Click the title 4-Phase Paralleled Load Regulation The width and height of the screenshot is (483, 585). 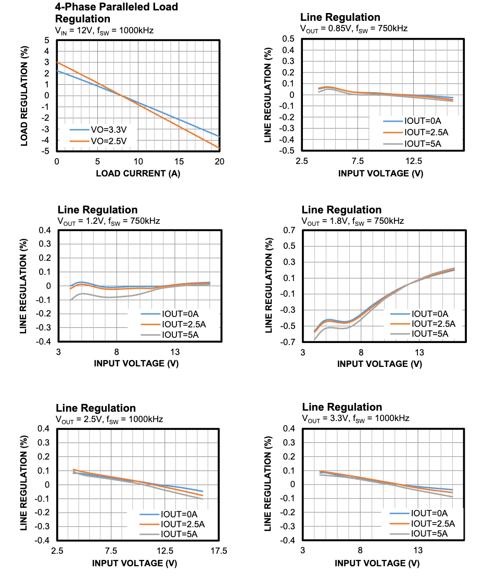[x=116, y=12]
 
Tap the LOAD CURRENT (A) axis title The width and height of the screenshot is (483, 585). [x=138, y=173]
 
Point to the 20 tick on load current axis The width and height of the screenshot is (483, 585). [x=219, y=162]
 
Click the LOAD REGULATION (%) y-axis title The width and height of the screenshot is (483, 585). [x=24, y=95]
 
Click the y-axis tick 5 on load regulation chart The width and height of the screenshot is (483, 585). [x=47, y=40]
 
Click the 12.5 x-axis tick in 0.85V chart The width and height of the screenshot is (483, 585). [x=414, y=161]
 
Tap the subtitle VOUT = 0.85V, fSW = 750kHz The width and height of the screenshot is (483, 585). [x=353, y=28]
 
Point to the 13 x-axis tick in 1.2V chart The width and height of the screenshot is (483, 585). [x=175, y=352]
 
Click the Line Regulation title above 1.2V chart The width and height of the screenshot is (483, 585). [x=97, y=210]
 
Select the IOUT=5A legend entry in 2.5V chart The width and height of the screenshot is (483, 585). [x=179, y=533]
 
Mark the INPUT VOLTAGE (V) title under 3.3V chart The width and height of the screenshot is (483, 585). [x=377, y=563]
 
